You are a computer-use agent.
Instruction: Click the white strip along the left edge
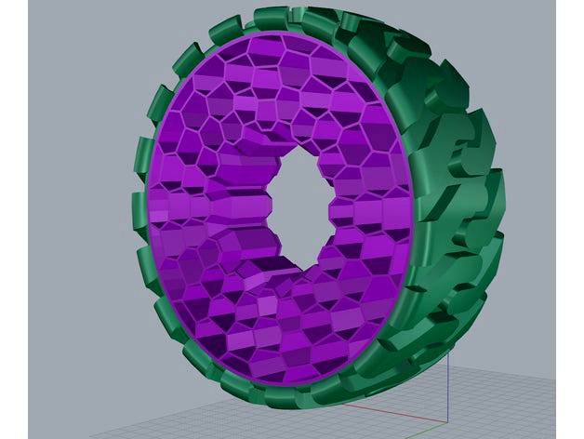(13, 219)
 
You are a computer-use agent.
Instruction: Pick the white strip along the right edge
(570, 219)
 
